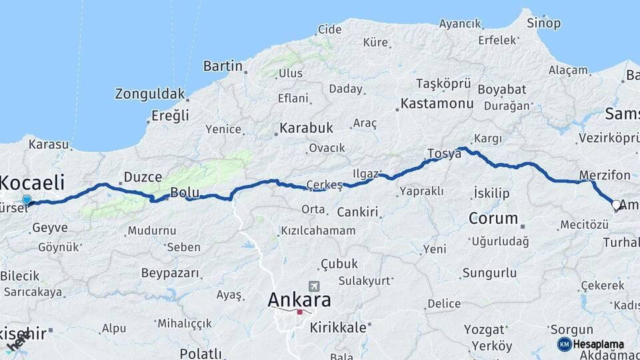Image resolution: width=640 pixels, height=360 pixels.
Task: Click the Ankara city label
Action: [x=299, y=300]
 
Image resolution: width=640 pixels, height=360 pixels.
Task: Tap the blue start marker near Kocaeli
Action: [x=27, y=199]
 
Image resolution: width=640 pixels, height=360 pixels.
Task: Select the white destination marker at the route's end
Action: [x=616, y=205]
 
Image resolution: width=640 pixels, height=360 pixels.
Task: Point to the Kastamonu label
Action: [x=437, y=104]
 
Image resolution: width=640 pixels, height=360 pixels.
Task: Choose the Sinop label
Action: [x=543, y=23]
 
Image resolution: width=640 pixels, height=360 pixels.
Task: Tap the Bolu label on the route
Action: [x=185, y=193]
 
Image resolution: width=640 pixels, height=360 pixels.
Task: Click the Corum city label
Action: [x=493, y=218]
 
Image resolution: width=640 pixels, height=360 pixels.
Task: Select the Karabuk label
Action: [x=306, y=127]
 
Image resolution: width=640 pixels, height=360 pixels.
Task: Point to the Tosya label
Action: [x=444, y=153]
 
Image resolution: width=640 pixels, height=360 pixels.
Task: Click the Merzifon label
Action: [x=605, y=175]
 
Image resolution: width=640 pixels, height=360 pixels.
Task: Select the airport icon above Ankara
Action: [x=314, y=285]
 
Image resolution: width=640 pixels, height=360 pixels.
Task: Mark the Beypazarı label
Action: [x=170, y=273]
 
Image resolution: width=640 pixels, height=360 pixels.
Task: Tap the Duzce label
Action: [x=143, y=177]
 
